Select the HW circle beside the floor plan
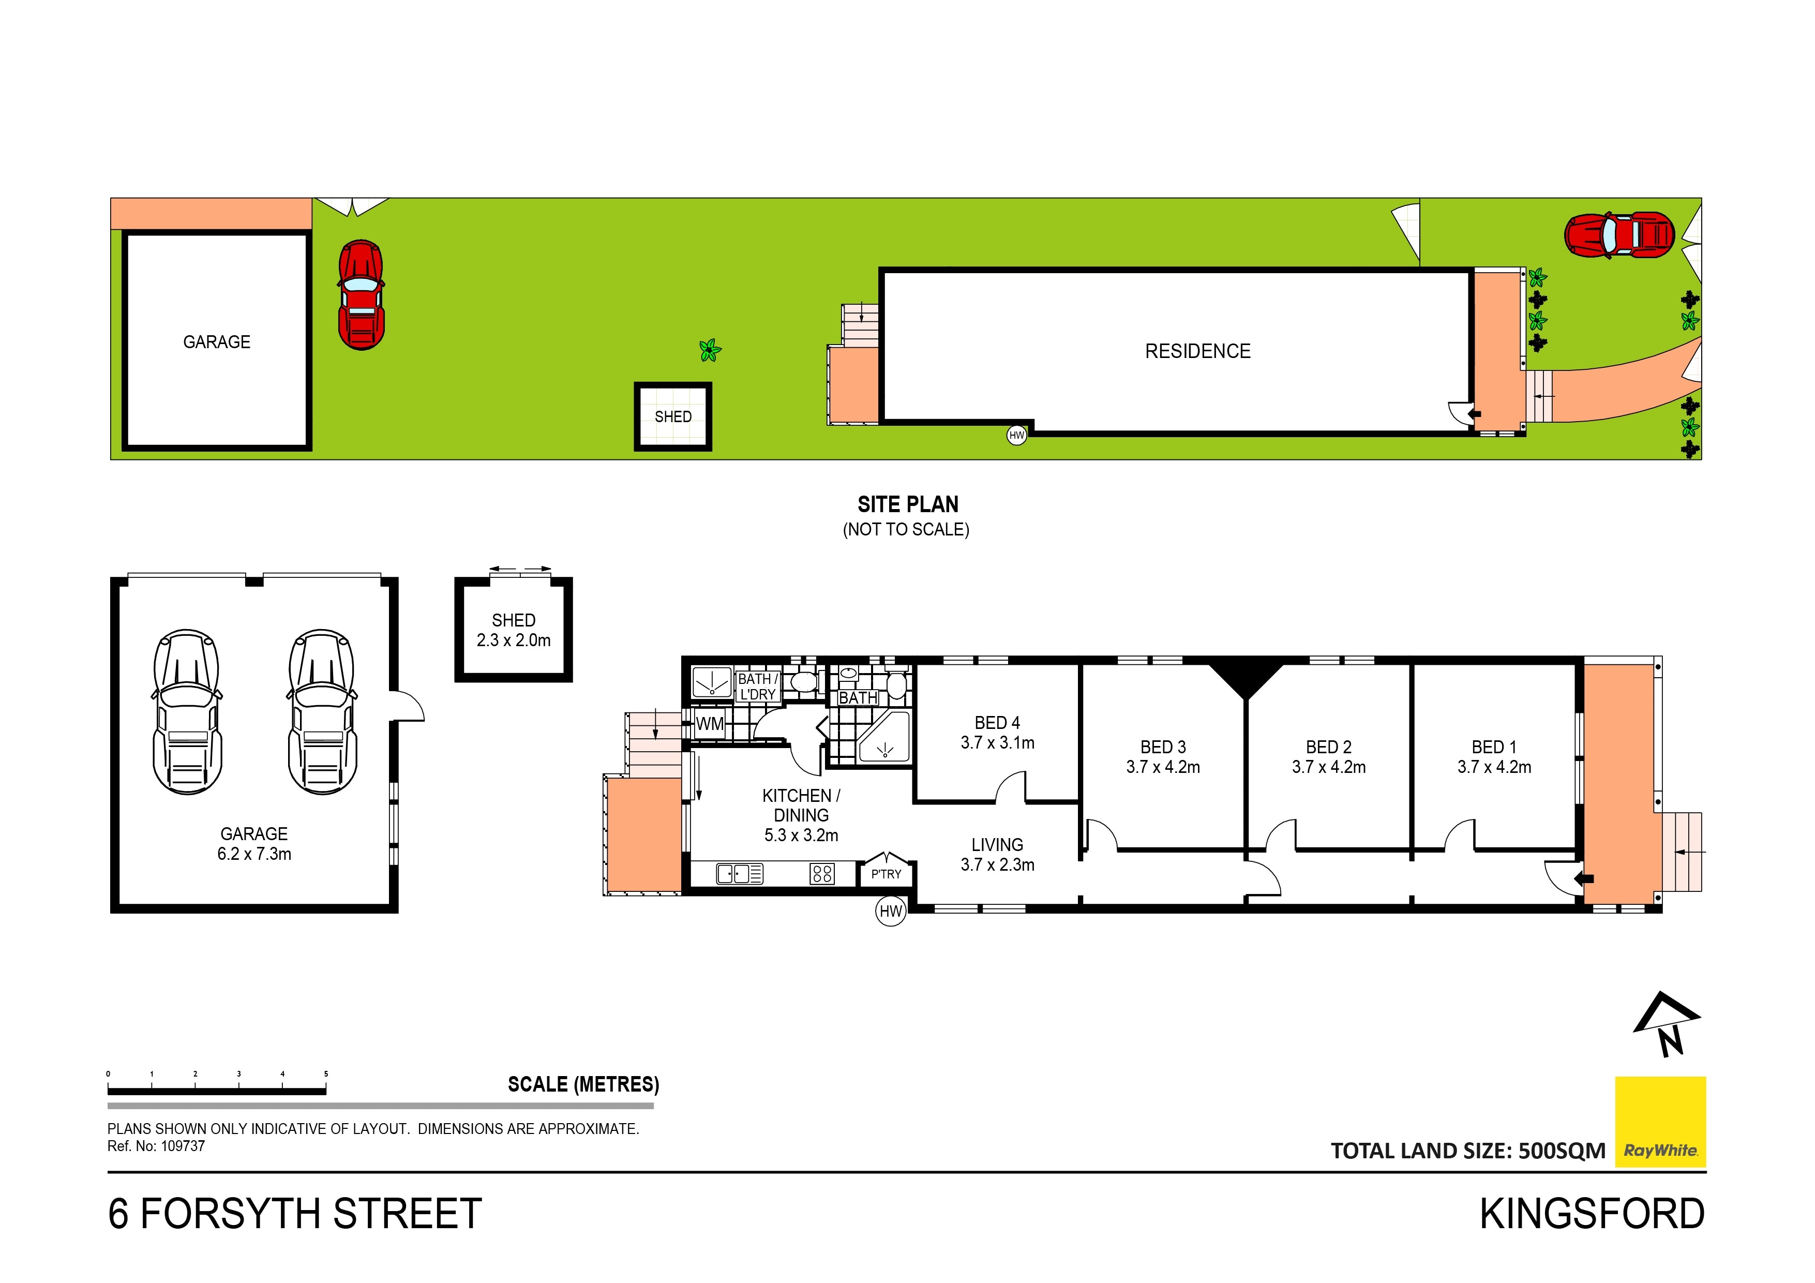coord(891,912)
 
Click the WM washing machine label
coord(710,723)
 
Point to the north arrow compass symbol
coord(1666,1024)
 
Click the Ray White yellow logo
coord(1660,1122)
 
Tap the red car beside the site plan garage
coord(361,295)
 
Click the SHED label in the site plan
coord(673,416)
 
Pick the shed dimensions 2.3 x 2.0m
coord(514,640)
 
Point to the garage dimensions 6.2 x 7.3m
coord(254,854)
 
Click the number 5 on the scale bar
coord(326,1073)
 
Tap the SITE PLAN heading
coord(907,504)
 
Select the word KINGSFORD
coord(1592,1214)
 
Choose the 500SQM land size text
coord(1562,1151)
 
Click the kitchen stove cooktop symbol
coord(822,873)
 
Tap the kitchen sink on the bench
coord(740,873)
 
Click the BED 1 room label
coord(1494,747)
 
